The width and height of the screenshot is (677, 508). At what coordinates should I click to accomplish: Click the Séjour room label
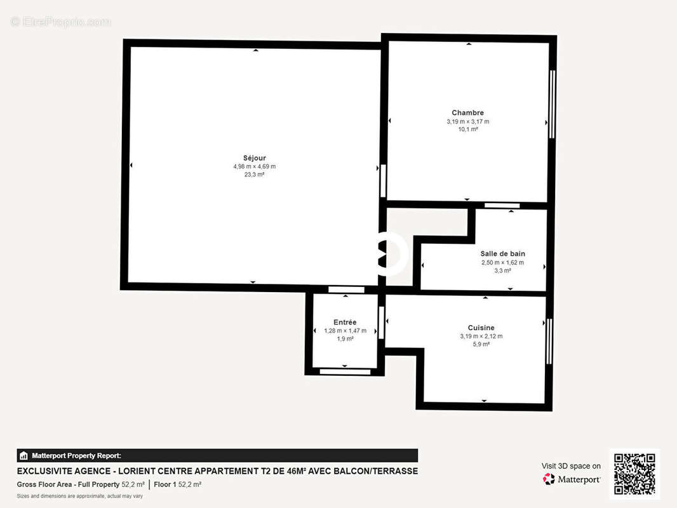[254, 158]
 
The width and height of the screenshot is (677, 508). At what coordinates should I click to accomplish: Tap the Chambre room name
[467, 113]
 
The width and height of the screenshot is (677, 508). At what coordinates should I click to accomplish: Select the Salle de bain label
[502, 253]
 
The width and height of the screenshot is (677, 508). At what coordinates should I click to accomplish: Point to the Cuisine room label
[481, 328]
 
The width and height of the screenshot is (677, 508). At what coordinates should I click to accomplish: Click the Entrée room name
[345, 322]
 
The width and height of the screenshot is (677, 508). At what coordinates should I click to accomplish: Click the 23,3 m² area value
[254, 175]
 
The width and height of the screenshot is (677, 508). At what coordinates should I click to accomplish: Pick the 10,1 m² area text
[467, 130]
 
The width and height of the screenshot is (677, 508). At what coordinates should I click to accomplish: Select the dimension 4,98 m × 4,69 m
[254, 166]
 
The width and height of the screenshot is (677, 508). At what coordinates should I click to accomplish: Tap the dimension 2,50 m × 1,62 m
[502, 262]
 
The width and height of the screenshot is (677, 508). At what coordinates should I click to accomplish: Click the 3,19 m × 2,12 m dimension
[481, 336]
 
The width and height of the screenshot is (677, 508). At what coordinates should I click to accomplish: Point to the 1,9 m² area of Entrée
[345, 339]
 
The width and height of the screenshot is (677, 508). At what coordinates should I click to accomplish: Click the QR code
[634, 474]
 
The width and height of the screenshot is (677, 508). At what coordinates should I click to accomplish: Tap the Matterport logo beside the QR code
[572, 479]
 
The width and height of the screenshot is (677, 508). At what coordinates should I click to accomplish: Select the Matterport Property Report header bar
[217, 455]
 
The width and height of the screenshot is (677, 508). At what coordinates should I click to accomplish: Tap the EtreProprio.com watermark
[60, 22]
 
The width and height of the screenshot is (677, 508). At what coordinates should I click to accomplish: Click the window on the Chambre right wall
[552, 104]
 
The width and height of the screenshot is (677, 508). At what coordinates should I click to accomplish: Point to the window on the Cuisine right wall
[549, 341]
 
